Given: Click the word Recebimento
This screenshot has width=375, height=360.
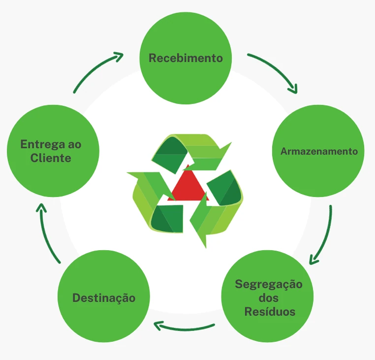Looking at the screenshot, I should tap(186, 58).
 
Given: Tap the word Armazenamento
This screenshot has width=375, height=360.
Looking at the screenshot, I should tap(319, 151).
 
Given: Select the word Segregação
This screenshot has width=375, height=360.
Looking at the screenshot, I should tap(268, 285).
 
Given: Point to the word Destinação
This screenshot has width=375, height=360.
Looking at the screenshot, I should tap(104, 298).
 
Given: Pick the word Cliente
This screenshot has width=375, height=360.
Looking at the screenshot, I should tap(51, 158).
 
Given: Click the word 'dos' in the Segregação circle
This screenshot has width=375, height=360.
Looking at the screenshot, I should tap(268, 298).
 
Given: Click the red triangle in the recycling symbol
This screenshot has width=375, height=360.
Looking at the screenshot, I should tap(187, 187).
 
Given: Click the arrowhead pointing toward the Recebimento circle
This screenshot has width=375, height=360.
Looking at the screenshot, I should tap(118, 56).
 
